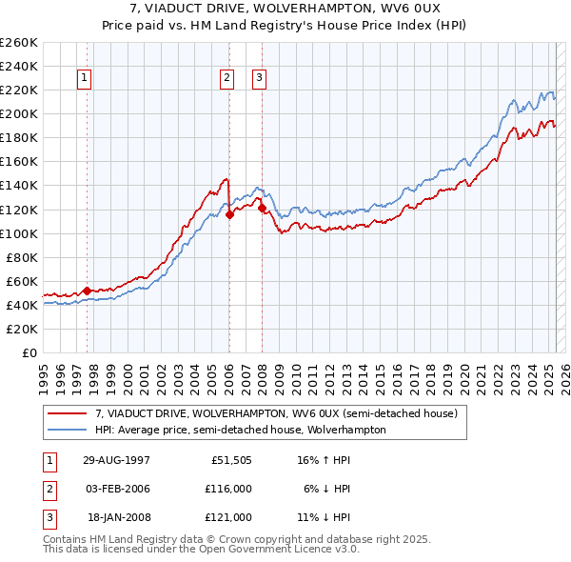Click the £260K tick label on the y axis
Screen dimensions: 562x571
pyautogui.click(x=19, y=43)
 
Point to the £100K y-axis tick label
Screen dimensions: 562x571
pyautogui.click(x=19, y=233)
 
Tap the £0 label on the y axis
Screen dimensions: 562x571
pyautogui.click(x=29, y=352)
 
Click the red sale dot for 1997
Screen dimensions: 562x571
pyautogui.click(x=87, y=291)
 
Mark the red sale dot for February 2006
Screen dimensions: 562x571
pyautogui.click(x=229, y=214)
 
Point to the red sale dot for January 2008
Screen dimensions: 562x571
pyautogui.click(x=262, y=208)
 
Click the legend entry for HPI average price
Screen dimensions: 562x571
pyautogui.click(x=240, y=430)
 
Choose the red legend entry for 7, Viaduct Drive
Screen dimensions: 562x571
pyautogui.click(x=276, y=413)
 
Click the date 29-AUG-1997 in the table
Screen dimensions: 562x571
pyautogui.click(x=117, y=459)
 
